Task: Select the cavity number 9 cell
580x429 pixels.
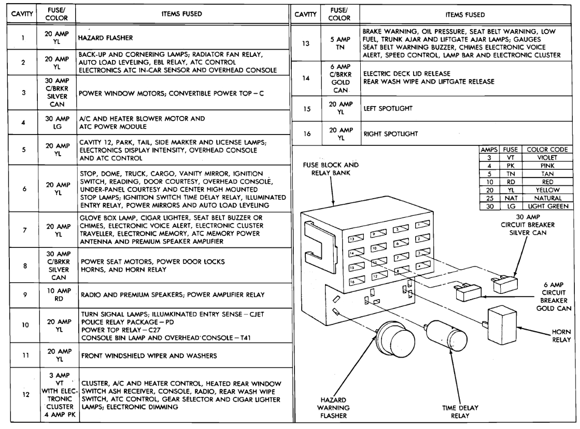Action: (x=24, y=294)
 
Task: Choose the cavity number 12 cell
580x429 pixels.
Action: (x=24, y=393)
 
